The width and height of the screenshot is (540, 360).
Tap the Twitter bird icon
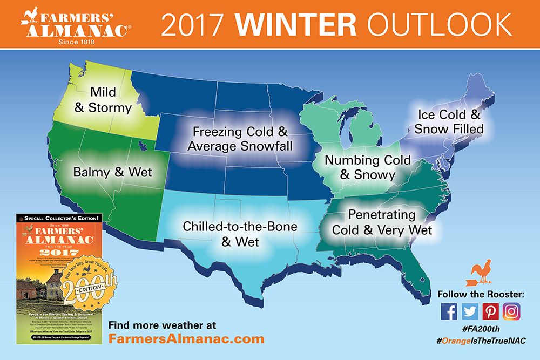tap(470, 311)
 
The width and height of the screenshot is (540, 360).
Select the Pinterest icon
tap(491, 311)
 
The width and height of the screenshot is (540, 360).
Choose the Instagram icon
tap(511, 311)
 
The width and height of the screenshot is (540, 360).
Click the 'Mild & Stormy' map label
tap(103, 100)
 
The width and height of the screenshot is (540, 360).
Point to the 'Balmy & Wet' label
tap(113, 173)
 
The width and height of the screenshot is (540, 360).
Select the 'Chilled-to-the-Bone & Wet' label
tap(240, 234)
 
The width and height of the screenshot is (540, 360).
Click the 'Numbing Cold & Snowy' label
tap(367, 167)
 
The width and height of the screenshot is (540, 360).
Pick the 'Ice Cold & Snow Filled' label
tap(449, 122)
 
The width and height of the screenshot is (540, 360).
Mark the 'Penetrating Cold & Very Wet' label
tap(382, 222)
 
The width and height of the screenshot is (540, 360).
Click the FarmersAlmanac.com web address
tap(186, 339)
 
